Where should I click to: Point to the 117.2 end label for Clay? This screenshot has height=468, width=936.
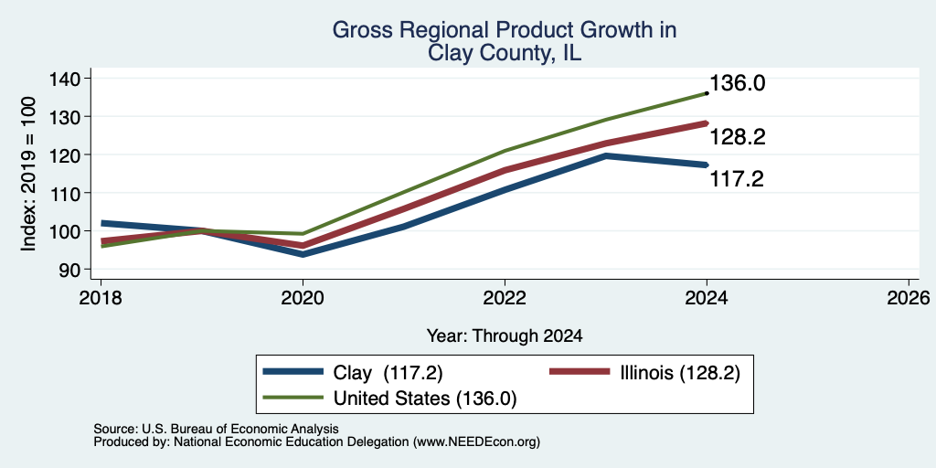point(737,178)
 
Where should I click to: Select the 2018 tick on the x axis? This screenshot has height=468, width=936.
point(101,297)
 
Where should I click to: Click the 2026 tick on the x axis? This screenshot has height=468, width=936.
point(909,297)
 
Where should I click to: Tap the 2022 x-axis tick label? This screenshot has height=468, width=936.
point(505,297)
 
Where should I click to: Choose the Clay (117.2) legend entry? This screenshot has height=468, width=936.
point(353,373)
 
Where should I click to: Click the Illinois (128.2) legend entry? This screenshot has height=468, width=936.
point(644,373)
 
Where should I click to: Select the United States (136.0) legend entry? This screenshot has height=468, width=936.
point(389,399)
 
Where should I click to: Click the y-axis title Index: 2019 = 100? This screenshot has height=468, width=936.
point(28,174)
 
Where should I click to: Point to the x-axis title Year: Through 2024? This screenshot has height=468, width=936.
point(505,336)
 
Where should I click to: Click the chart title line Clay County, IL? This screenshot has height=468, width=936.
point(505,54)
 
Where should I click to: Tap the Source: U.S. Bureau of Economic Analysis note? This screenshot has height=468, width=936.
point(216,429)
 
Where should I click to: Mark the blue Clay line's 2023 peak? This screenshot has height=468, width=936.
point(606,155)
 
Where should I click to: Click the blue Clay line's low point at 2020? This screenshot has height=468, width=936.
point(303,254)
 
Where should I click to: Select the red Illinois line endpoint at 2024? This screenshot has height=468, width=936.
point(707,123)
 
